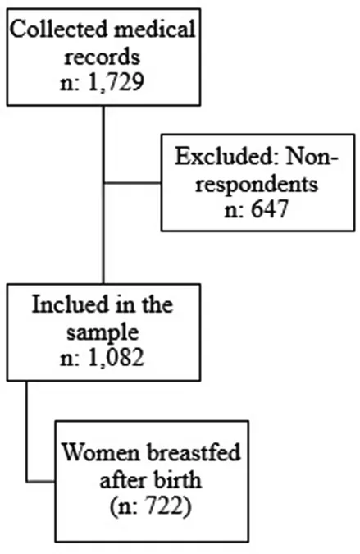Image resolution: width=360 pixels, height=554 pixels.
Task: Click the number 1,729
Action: click(x=116, y=83)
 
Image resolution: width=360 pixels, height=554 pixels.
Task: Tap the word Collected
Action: click(x=58, y=29)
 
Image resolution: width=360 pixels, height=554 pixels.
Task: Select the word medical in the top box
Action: click(x=154, y=29)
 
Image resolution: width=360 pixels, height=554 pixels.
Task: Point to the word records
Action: click(x=102, y=57)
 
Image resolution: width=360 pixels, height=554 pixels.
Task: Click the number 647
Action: click(x=270, y=208)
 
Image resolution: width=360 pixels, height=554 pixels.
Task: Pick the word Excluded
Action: click(x=226, y=155)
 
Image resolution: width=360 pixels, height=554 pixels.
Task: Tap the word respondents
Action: click(x=257, y=184)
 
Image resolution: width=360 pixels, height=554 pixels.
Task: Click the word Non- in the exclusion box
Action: click(x=312, y=155)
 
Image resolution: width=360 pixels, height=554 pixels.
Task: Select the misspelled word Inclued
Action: click(x=80, y=304)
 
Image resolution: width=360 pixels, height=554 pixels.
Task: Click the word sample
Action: click(x=103, y=332)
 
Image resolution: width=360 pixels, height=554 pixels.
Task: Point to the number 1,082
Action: click(x=116, y=357)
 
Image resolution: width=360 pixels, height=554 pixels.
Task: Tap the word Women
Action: click(x=101, y=452)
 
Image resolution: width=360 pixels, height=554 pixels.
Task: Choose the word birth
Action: click(x=177, y=480)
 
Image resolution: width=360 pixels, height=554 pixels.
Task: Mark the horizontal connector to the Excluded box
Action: click(x=132, y=183)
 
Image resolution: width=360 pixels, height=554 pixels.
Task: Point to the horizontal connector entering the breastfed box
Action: click(x=40, y=481)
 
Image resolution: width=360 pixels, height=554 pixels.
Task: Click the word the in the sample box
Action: click(x=157, y=304)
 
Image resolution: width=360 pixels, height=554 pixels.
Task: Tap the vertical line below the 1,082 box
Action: click(x=26, y=431)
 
